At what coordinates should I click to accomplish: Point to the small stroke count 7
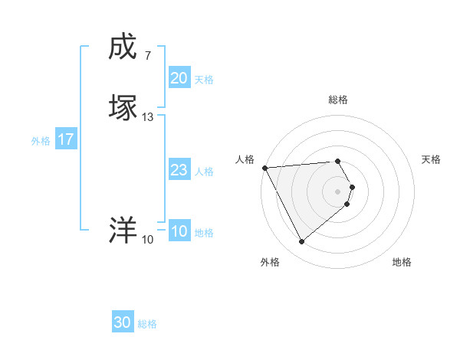[147, 55]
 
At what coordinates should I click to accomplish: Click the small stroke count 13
[148, 117]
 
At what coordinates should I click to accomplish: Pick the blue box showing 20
[179, 78]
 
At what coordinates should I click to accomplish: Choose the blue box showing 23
[179, 171]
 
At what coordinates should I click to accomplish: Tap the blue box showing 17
[65, 140]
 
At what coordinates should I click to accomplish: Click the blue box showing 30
[122, 323]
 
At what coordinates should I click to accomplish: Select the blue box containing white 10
[179, 232]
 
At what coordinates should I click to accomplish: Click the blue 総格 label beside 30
[147, 325]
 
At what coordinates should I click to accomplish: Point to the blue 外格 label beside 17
[40, 141]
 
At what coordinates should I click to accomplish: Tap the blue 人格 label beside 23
[204, 172]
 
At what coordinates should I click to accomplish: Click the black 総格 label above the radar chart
[338, 100]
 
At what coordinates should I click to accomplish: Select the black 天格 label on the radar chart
[432, 159]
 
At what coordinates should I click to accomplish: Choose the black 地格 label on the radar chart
[402, 262]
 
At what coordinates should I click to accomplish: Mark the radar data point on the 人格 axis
[264, 168]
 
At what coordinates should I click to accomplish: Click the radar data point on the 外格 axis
[301, 242]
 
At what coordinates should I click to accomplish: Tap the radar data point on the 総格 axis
[338, 161]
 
